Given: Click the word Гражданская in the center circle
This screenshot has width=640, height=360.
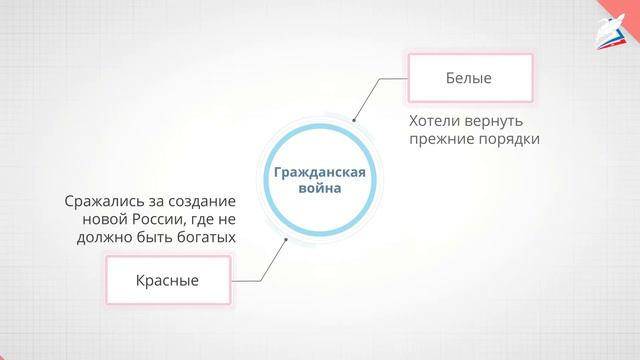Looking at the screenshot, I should pos(320,171).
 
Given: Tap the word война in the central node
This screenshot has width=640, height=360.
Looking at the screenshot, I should pos(320,189).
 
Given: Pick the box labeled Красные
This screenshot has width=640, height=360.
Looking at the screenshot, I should pos(168,281).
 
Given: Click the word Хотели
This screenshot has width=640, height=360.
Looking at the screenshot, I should pos(435,119).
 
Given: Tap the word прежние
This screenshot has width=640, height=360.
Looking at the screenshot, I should pos(441,139).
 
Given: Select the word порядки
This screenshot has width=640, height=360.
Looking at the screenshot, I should pos(509,139).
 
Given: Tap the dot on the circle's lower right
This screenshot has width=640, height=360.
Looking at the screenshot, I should pos(286,240).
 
